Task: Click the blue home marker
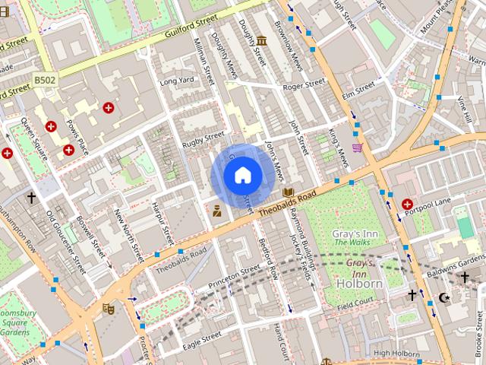point(241,175)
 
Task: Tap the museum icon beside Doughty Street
point(261,40)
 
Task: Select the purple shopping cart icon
point(357,148)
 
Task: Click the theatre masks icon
point(109,309)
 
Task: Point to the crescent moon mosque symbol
point(445,297)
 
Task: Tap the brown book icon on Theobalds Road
point(288,193)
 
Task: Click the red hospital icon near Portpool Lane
point(408,204)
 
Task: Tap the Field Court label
point(356,307)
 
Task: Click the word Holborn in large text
point(358,284)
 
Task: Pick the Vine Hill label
point(465,109)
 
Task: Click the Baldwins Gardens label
point(456,261)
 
